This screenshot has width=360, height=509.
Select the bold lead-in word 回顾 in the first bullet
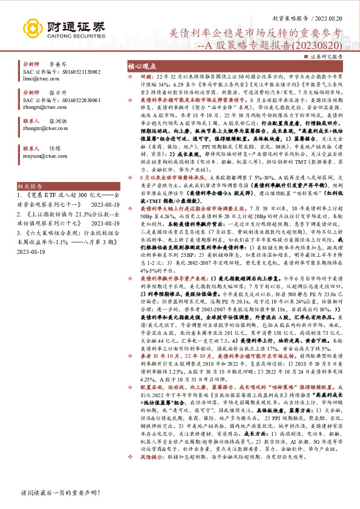click(x=146, y=77)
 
